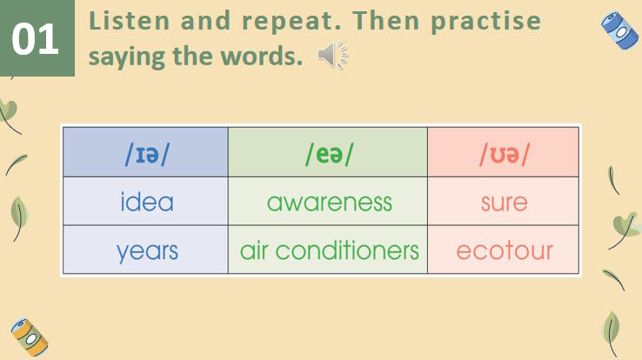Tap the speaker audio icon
click(x=332, y=57)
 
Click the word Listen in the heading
click(x=124, y=21)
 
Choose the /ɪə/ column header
click(x=145, y=153)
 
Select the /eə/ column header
click(x=329, y=153)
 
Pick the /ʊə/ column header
click(x=504, y=153)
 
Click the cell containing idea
click(x=146, y=202)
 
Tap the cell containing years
click(x=146, y=251)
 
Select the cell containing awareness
click(x=329, y=202)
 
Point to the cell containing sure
click(x=504, y=202)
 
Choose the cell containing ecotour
click(x=504, y=251)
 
